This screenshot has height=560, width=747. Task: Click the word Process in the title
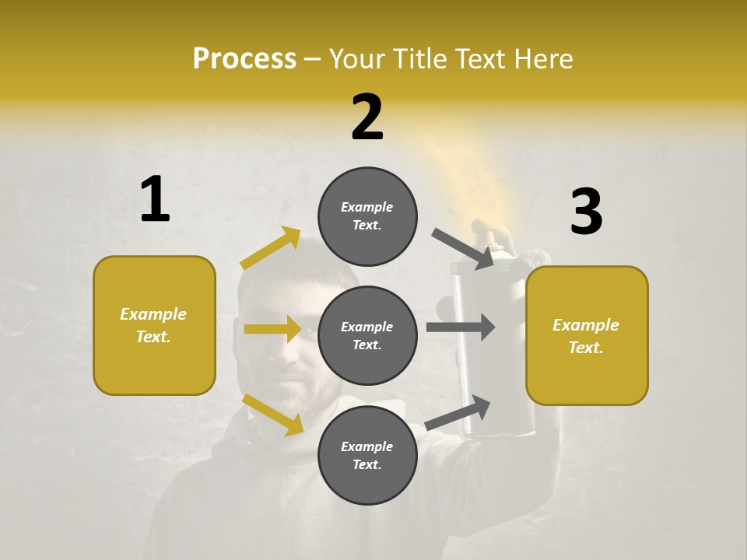[244, 58]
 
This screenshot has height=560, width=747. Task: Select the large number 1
[155, 200]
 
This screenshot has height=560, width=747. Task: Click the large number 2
[367, 117]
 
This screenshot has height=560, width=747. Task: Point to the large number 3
[586, 212]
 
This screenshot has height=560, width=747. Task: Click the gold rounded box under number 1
[154, 325]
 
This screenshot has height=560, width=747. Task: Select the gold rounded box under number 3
[587, 335]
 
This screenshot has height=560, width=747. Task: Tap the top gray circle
[367, 216]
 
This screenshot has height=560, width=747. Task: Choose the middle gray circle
[367, 335]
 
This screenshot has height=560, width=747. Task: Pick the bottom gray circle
[367, 455]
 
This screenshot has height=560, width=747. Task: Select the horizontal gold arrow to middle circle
[272, 329]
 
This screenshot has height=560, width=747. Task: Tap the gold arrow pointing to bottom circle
[273, 415]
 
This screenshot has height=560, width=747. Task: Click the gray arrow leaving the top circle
[462, 248]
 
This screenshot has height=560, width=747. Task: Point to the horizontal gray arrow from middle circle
[460, 327]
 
